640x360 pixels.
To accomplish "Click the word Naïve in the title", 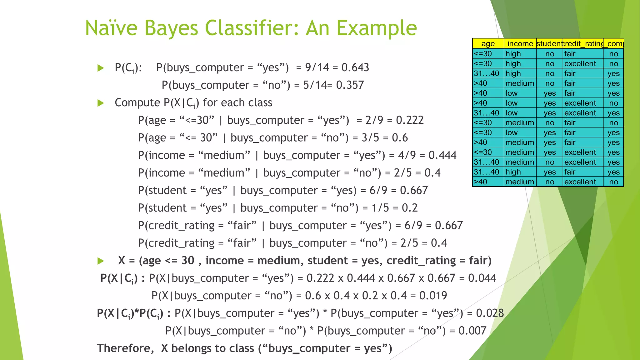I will pos(111,28).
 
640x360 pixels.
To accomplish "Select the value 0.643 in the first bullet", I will pos(355,67).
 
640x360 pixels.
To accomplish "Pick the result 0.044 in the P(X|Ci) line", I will pos(482,278).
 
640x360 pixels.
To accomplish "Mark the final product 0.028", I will pos(490,313).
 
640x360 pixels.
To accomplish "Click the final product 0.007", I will pos(472,331).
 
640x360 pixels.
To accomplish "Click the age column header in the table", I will pos(488,44).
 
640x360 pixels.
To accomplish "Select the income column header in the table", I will pos(520,44).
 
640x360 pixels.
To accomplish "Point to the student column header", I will pos(549,44).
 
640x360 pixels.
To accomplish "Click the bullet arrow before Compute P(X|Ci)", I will pos(101,103).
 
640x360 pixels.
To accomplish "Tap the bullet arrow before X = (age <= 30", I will pos(101,261).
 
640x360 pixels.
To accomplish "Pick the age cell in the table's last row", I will pos(481,182).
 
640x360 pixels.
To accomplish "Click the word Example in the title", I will pos(377,28).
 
